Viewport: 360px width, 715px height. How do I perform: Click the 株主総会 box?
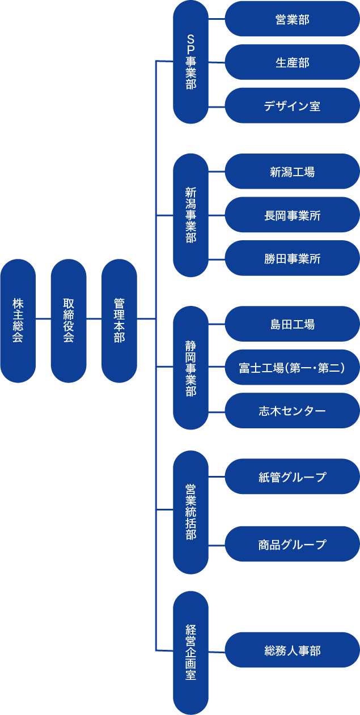click(18, 321)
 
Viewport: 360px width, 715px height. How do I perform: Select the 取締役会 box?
click(69, 321)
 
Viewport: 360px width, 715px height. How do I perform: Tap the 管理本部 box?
click(119, 321)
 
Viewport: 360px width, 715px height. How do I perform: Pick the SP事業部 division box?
click(190, 62)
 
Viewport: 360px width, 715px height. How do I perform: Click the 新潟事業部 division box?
click(190, 215)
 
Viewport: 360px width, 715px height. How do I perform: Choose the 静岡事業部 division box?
click(190, 368)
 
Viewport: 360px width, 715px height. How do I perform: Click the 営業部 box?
click(292, 19)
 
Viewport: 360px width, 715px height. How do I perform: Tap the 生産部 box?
click(292, 62)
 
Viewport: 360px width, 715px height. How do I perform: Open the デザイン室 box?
click(292, 105)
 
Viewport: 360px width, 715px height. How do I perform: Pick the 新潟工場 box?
click(292, 171)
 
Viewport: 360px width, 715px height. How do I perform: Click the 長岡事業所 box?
click(292, 215)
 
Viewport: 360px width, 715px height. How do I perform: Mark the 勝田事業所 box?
click(292, 258)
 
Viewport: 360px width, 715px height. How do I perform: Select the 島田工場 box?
click(292, 324)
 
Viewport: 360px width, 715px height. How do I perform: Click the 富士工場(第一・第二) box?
click(292, 368)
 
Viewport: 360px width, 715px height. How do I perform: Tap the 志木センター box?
click(292, 411)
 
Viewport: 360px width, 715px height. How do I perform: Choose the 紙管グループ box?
click(292, 476)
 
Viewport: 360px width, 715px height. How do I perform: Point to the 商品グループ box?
click(292, 544)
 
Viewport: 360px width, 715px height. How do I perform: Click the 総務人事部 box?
click(292, 650)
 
